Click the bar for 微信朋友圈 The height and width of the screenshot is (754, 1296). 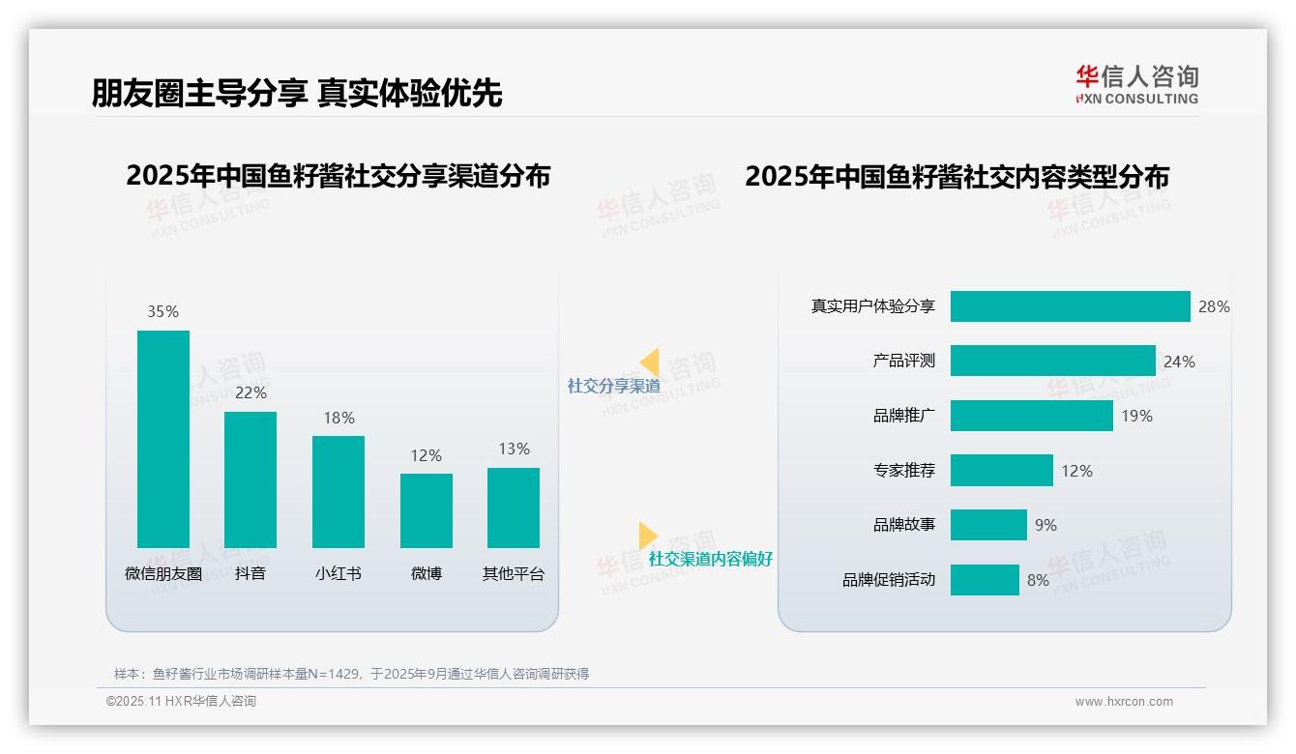[163, 439]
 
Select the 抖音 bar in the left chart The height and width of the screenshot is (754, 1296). [250, 479]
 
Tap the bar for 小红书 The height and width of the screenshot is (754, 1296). [339, 491]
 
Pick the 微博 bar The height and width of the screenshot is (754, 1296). [427, 510]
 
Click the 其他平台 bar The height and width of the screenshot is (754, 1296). [514, 507]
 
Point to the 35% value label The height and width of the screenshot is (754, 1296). [163, 311]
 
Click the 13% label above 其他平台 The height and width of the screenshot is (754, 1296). [514, 449]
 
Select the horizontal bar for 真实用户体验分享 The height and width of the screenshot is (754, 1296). [1070, 306]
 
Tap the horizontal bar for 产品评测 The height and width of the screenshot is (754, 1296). [1052, 361]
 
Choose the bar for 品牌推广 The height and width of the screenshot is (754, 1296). [1031, 416]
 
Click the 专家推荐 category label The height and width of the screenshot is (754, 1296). [903, 471]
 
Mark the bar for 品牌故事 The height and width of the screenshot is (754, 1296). [988, 525]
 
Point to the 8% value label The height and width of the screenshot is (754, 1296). [1038, 580]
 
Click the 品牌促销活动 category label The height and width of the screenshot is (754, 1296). [888, 580]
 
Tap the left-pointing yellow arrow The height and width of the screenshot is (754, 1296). [649, 362]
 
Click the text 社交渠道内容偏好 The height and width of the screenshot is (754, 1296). [710, 559]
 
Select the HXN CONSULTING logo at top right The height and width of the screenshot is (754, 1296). [1136, 85]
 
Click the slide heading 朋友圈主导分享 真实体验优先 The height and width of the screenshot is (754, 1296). [297, 93]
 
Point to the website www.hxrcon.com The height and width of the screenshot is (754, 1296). [1124, 702]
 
